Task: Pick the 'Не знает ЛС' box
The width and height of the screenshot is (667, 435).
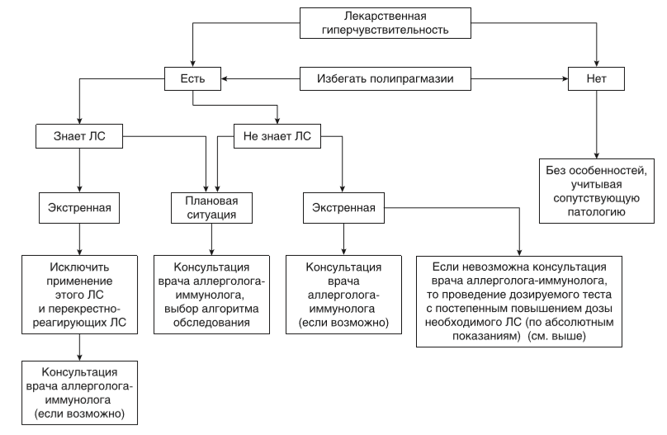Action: click(277, 135)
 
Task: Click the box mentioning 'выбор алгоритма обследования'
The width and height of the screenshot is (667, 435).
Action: click(211, 294)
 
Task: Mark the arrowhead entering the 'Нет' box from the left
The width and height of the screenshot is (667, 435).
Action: click(563, 79)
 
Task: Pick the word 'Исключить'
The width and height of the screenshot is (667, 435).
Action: click(78, 268)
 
